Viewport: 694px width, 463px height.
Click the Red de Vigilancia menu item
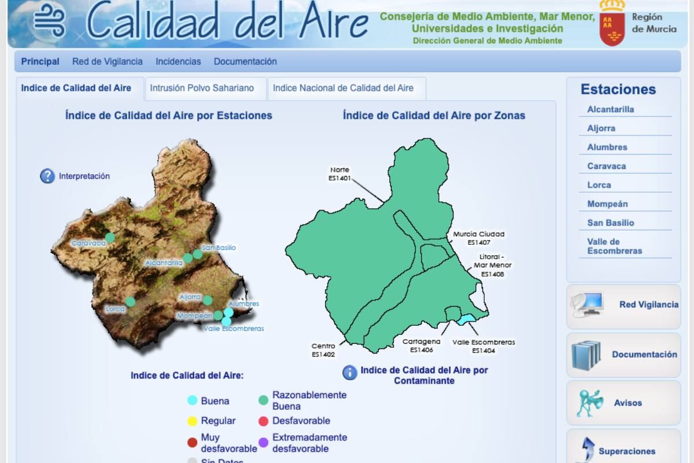[107, 61]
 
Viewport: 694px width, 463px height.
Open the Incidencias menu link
[178, 61]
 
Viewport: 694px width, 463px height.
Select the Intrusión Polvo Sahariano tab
[202, 89]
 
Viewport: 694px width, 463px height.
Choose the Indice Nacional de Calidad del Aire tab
[343, 89]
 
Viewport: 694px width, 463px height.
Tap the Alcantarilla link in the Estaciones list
[610, 109]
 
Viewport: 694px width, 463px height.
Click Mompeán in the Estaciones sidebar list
[607, 204]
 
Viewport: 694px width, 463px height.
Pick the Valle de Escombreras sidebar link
[614, 246]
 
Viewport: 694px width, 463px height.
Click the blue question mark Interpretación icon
[47, 176]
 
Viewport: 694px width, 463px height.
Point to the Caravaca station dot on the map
[110, 237]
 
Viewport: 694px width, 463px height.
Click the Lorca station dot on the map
[130, 302]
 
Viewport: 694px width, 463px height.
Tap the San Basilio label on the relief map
[219, 248]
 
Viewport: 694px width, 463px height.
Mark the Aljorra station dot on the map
[208, 300]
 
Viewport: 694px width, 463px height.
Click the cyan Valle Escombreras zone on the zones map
[467, 319]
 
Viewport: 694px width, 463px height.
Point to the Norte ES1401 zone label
[339, 174]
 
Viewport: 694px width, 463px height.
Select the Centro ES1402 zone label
[323, 350]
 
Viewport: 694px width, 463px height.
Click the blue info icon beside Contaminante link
[350, 373]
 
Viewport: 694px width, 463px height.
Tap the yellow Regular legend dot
[193, 421]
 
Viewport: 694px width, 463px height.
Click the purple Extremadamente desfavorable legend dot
[263, 443]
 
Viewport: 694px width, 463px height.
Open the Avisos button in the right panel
[623, 403]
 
